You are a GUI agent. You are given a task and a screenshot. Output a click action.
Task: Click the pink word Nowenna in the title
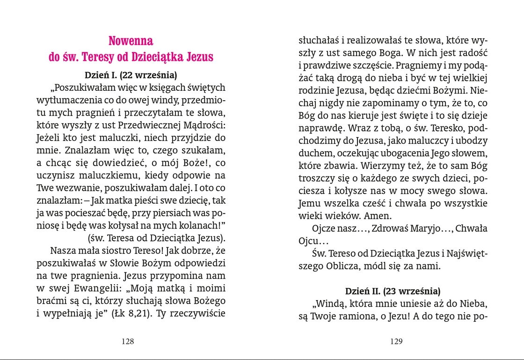tap(131, 40)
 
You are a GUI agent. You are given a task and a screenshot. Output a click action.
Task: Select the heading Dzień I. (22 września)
tap(131, 75)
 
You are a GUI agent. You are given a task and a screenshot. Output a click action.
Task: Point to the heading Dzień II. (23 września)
tap(393, 291)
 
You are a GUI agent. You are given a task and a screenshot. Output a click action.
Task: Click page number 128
tap(128, 341)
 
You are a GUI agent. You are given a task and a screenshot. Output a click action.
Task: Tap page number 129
tap(396, 341)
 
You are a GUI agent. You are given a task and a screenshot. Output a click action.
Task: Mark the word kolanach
tap(201, 225)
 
